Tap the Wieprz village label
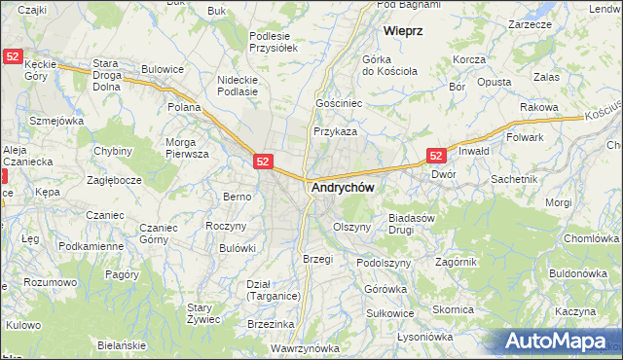402,30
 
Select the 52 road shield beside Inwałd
436,155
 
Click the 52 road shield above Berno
263,162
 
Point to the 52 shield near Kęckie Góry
11,57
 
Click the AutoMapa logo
561,341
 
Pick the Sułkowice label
390,313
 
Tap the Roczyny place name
225,225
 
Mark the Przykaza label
335,131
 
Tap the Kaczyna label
576,311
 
